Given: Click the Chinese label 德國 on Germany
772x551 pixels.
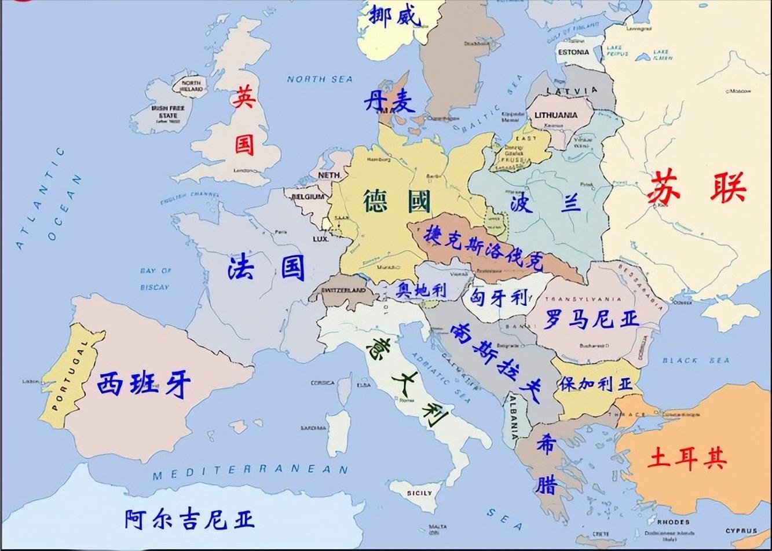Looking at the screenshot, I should click(x=397, y=202).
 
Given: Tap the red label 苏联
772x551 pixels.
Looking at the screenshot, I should click(x=696, y=187).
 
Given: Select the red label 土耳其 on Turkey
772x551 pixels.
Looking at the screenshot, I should click(x=687, y=458).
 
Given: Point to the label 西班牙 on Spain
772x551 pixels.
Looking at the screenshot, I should click(x=143, y=384).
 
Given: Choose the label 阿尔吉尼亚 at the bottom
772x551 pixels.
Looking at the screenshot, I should click(x=189, y=519).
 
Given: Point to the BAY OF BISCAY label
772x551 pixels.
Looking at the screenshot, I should click(x=155, y=279).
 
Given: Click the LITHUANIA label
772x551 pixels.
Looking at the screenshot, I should click(x=555, y=115).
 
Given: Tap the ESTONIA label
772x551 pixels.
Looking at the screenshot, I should click(x=573, y=52).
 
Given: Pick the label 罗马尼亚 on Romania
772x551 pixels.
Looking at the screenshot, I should click(x=590, y=319).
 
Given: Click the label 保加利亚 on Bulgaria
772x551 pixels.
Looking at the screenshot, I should click(x=595, y=384).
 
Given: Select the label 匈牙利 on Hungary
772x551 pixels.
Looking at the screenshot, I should click(x=499, y=298).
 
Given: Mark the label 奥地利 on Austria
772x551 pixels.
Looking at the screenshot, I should click(x=421, y=290).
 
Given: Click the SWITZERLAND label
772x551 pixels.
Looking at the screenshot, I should click(x=343, y=290).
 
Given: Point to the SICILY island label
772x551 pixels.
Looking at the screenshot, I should click(x=419, y=493).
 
